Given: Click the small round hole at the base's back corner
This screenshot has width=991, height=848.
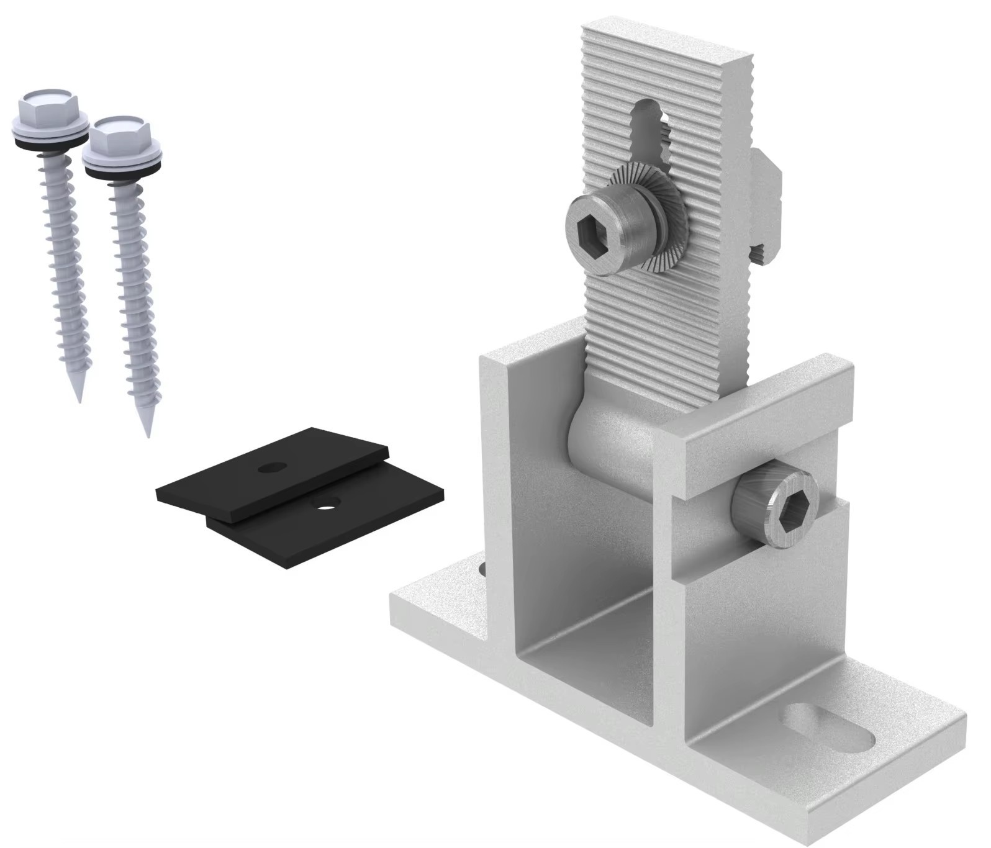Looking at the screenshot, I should [x=482, y=568].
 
